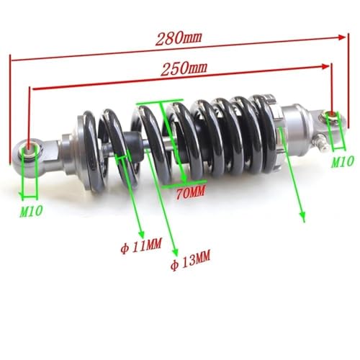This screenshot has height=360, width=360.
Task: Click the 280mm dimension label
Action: (x=179, y=38)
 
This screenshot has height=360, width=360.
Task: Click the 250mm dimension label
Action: (x=184, y=68)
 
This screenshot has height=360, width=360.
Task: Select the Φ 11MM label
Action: (x=141, y=246)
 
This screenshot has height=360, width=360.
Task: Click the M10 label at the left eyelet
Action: (x=31, y=211)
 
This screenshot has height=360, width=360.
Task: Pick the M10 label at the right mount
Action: (x=343, y=162)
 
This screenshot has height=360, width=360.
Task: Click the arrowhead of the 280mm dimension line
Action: (x=341, y=37)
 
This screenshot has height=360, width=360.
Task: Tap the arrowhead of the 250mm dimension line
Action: (x=325, y=66)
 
